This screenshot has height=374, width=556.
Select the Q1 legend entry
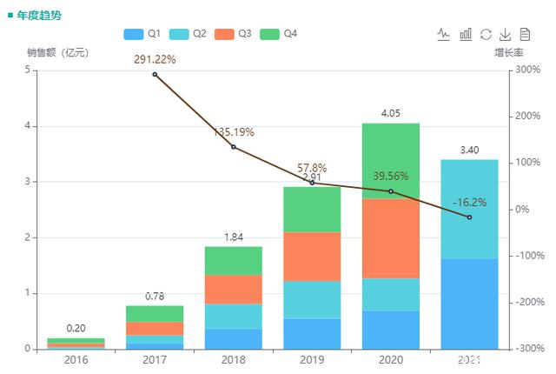pyautogui.click(x=142, y=34)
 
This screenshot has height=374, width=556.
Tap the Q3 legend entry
pyautogui.click(x=233, y=34)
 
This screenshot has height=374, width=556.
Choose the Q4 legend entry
pyautogui.click(x=278, y=34)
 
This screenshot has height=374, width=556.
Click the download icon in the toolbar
pyautogui.click(x=505, y=34)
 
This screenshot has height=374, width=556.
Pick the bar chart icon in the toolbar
pyautogui.click(x=466, y=34)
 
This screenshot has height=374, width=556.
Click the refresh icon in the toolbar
pyautogui.click(x=486, y=34)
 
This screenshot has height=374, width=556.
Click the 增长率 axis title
pyautogui.click(x=508, y=53)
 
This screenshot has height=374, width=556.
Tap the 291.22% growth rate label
pyautogui.click(x=155, y=60)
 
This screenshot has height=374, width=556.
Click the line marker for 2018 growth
pyautogui.click(x=234, y=147)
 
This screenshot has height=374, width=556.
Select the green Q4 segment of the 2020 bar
pyautogui.click(x=391, y=161)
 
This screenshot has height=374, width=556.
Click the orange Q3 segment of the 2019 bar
pyautogui.click(x=312, y=257)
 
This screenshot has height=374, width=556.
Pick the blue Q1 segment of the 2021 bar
pyautogui.click(x=469, y=304)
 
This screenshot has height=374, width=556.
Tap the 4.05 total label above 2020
pyautogui.click(x=391, y=113)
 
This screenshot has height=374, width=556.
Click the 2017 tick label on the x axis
pyautogui.click(x=155, y=358)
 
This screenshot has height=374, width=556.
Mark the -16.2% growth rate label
pyautogui.click(x=469, y=203)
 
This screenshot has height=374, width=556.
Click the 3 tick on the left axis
pyautogui.click(x=30, y=182)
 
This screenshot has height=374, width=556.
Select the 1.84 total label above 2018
pyautogui.click(x=234, y=237)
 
